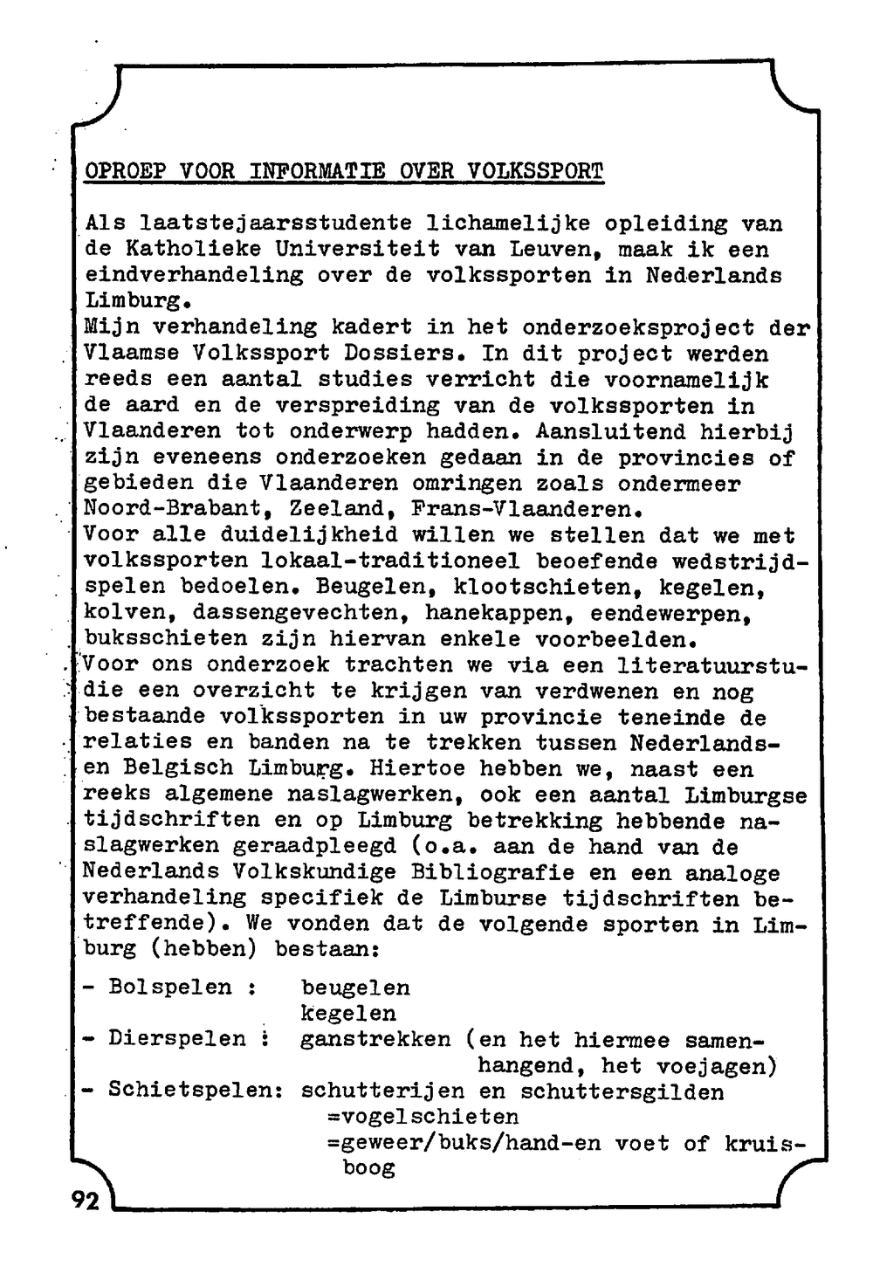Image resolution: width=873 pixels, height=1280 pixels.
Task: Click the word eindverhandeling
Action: coord(193,275)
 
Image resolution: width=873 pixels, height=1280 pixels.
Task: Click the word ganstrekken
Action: coord(375,1039)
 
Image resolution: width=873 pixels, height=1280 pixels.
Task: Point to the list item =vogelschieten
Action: coord(423,1117)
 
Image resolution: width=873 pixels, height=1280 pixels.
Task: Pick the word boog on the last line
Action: coord(369,1168)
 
